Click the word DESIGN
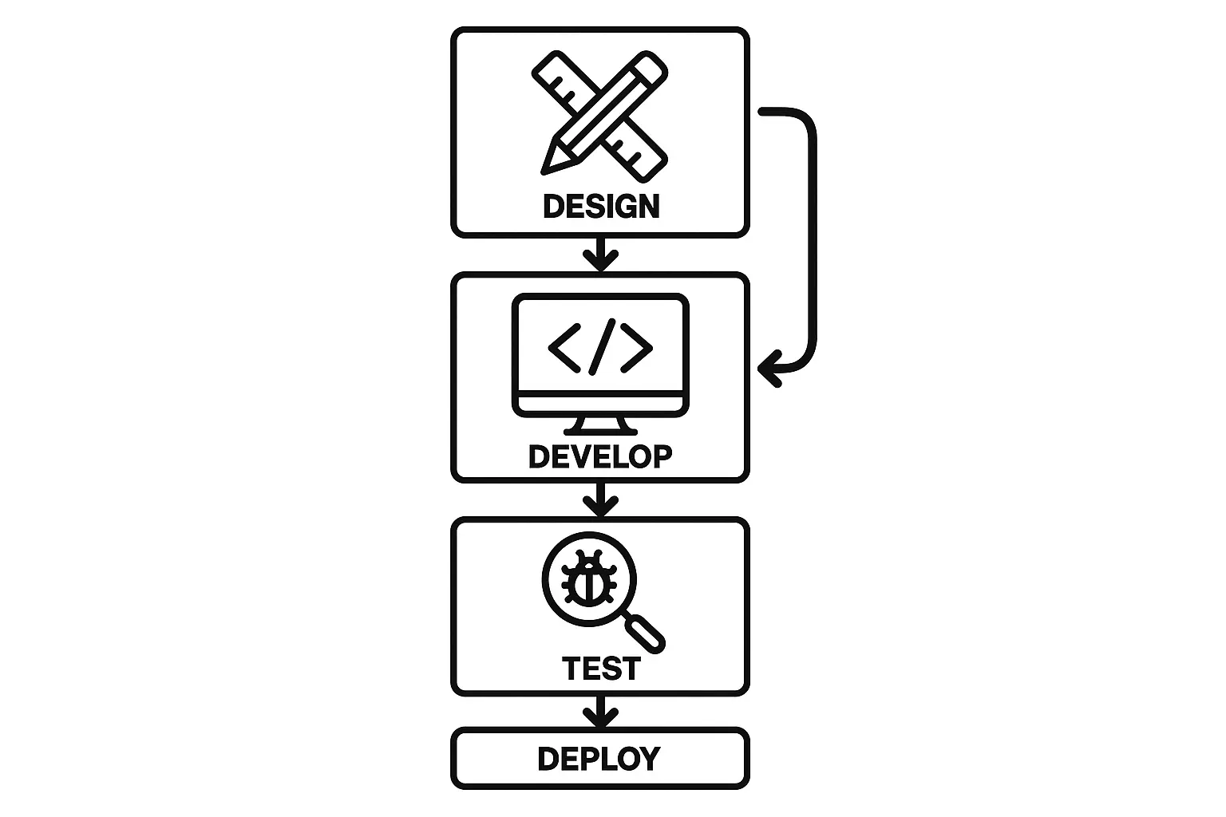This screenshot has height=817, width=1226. click(601, 207)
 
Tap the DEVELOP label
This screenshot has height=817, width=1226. click(600, 456)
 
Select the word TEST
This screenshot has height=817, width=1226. click(601, 668)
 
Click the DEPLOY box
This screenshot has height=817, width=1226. click(600, 759)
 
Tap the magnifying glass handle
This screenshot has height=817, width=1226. click(645, 633)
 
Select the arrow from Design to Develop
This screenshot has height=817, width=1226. click(600, 255)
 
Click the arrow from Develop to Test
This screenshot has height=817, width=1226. click(600, 500)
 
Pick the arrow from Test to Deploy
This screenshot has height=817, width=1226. click(600, 711)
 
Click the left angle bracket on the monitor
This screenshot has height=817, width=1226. click(564, 347)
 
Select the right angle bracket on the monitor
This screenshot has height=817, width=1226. click(637, 347)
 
